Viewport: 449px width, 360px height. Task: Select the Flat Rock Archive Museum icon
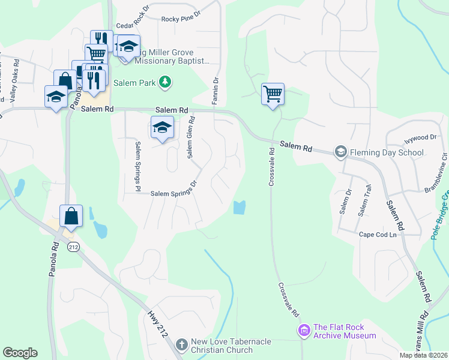[304, 330]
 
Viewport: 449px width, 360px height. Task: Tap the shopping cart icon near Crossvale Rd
[273, 94]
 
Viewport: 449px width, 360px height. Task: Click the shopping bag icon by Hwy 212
[71, 216]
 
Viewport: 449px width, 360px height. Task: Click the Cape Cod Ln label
[378, 235]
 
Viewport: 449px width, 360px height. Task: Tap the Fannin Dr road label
[215, 91]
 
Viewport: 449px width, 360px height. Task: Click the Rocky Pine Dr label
[182, 19]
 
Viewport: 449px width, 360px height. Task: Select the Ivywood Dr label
[420, 137]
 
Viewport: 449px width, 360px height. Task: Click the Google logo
[20, 353]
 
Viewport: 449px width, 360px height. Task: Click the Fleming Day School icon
[341, 151]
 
